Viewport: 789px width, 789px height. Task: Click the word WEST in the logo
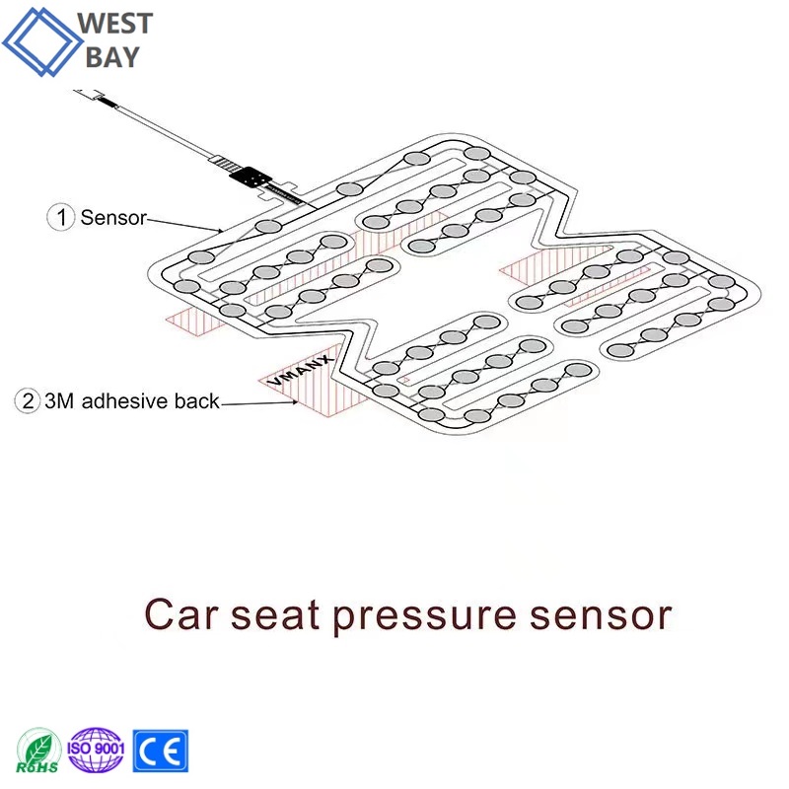pos(114,24)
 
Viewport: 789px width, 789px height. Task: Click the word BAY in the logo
pos(112,57)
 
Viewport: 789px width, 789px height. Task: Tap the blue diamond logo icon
pos(41,41)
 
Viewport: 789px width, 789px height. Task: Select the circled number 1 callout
pos(60,217)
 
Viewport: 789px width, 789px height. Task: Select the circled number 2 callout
pos(28,401)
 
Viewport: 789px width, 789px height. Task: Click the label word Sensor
pos(113,218)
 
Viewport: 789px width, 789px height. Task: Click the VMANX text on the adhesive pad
pos(301,370)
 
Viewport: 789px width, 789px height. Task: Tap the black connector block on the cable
pos(251,178)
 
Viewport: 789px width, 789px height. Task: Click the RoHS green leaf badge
pos(37,751)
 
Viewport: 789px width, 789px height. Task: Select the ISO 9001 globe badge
pos(96,750)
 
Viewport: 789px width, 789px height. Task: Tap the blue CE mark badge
pos(161,751)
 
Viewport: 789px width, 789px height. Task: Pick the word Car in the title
pos(181,614)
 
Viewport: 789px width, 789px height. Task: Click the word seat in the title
pos(275,615)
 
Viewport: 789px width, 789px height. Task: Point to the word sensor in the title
pos(601,615)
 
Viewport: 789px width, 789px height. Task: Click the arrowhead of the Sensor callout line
pos(220,231)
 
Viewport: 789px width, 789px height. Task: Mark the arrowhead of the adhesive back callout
pos(294,402)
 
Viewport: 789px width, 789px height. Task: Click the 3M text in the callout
pos(59,401)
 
